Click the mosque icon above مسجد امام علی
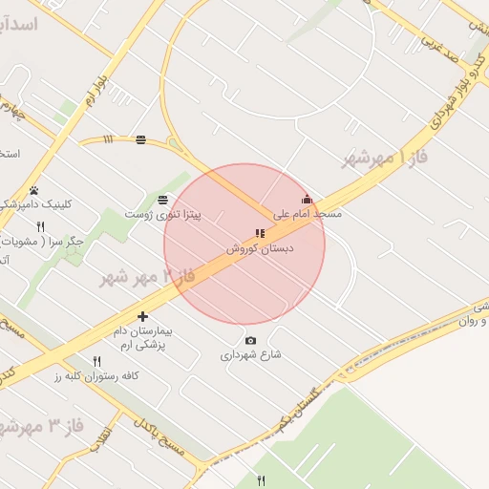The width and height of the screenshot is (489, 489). click(x=307, y=200)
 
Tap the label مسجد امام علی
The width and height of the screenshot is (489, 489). click(x=307, y=215)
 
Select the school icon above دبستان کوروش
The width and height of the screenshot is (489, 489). click(x=260, y=233)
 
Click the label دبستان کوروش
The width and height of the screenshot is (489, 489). click(x=260, y=247)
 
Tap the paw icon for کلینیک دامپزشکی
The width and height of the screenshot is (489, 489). click(x=34, y=191)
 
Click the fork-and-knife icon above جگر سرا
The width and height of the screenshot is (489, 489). click(x=40, y=227)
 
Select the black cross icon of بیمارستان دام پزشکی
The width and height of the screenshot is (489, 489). click(x=142, y=316)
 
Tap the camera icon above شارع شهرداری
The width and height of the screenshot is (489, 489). click(x=251, y=341)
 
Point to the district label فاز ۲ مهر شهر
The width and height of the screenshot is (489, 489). click(x=147, y=277)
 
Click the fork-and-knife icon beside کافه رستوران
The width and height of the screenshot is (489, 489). click(x=96, y=361)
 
